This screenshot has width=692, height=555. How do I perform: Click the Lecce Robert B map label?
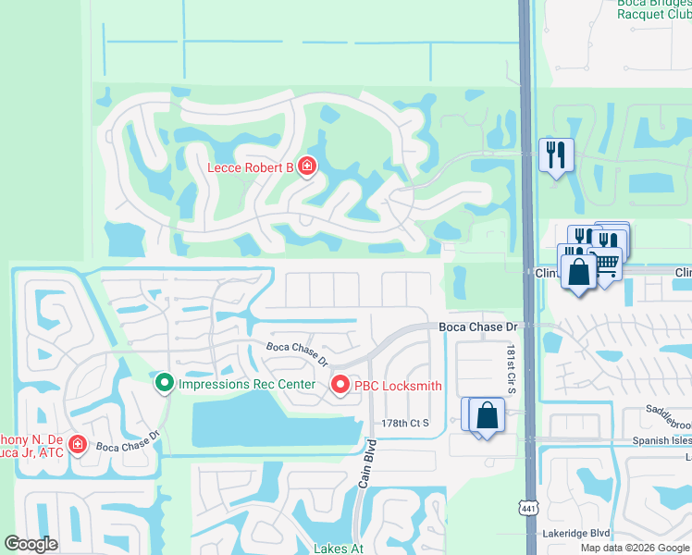click(249, 167)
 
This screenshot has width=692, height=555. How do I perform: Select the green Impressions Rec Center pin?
click(165, 382)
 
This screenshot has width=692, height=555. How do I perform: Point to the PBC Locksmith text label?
click(401, 386)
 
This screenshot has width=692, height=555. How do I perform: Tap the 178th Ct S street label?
click(407, 423)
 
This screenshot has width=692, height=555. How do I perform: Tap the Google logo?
click(31, 544)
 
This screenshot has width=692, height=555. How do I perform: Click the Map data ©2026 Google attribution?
click(634, 548)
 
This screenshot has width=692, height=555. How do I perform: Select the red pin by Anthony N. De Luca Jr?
click(77, 444)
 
